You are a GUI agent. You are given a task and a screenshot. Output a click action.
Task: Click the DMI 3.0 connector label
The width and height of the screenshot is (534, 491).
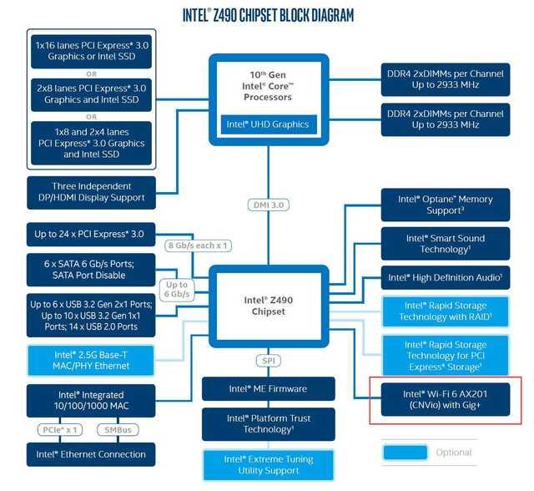269,205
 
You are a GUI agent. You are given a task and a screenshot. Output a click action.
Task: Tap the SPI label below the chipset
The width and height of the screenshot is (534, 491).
269,361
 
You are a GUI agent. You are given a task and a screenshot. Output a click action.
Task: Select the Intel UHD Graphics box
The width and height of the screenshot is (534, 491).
269,124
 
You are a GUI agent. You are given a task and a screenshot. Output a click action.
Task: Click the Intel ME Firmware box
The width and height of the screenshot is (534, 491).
269,389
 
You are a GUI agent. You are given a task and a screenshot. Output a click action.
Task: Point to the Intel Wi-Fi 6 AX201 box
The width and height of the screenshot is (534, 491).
446,399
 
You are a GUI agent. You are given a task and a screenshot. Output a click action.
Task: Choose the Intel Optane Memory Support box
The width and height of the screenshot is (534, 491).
446,205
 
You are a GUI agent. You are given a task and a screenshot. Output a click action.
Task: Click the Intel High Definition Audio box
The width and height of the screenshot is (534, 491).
446,278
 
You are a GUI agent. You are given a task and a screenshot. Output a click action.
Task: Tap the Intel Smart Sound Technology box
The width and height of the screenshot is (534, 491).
446,244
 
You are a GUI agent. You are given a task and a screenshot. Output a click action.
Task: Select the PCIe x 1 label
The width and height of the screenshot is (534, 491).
60,430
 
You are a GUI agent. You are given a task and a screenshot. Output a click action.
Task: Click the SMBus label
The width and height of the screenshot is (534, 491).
118,430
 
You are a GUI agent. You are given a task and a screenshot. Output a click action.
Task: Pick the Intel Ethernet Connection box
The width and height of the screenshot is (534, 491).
91,454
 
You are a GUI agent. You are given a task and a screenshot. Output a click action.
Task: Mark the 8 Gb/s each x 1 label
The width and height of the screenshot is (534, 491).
198,245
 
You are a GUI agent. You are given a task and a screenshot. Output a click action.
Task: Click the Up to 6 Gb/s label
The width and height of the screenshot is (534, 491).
177,289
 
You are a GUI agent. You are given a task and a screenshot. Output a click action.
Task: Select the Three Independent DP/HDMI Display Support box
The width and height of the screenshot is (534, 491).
91,193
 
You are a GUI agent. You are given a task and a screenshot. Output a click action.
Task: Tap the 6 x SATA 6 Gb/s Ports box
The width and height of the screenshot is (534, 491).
91,270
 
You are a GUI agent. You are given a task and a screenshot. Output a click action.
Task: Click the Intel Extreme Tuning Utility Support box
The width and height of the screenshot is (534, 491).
269,465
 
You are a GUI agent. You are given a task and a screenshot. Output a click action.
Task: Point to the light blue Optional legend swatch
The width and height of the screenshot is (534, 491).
406,453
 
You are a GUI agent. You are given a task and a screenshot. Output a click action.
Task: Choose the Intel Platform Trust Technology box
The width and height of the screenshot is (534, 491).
269,424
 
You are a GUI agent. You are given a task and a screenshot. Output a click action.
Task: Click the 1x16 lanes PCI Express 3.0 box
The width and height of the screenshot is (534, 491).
91,52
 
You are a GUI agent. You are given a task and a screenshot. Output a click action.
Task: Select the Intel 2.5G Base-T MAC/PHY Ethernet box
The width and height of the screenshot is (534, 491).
91,361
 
